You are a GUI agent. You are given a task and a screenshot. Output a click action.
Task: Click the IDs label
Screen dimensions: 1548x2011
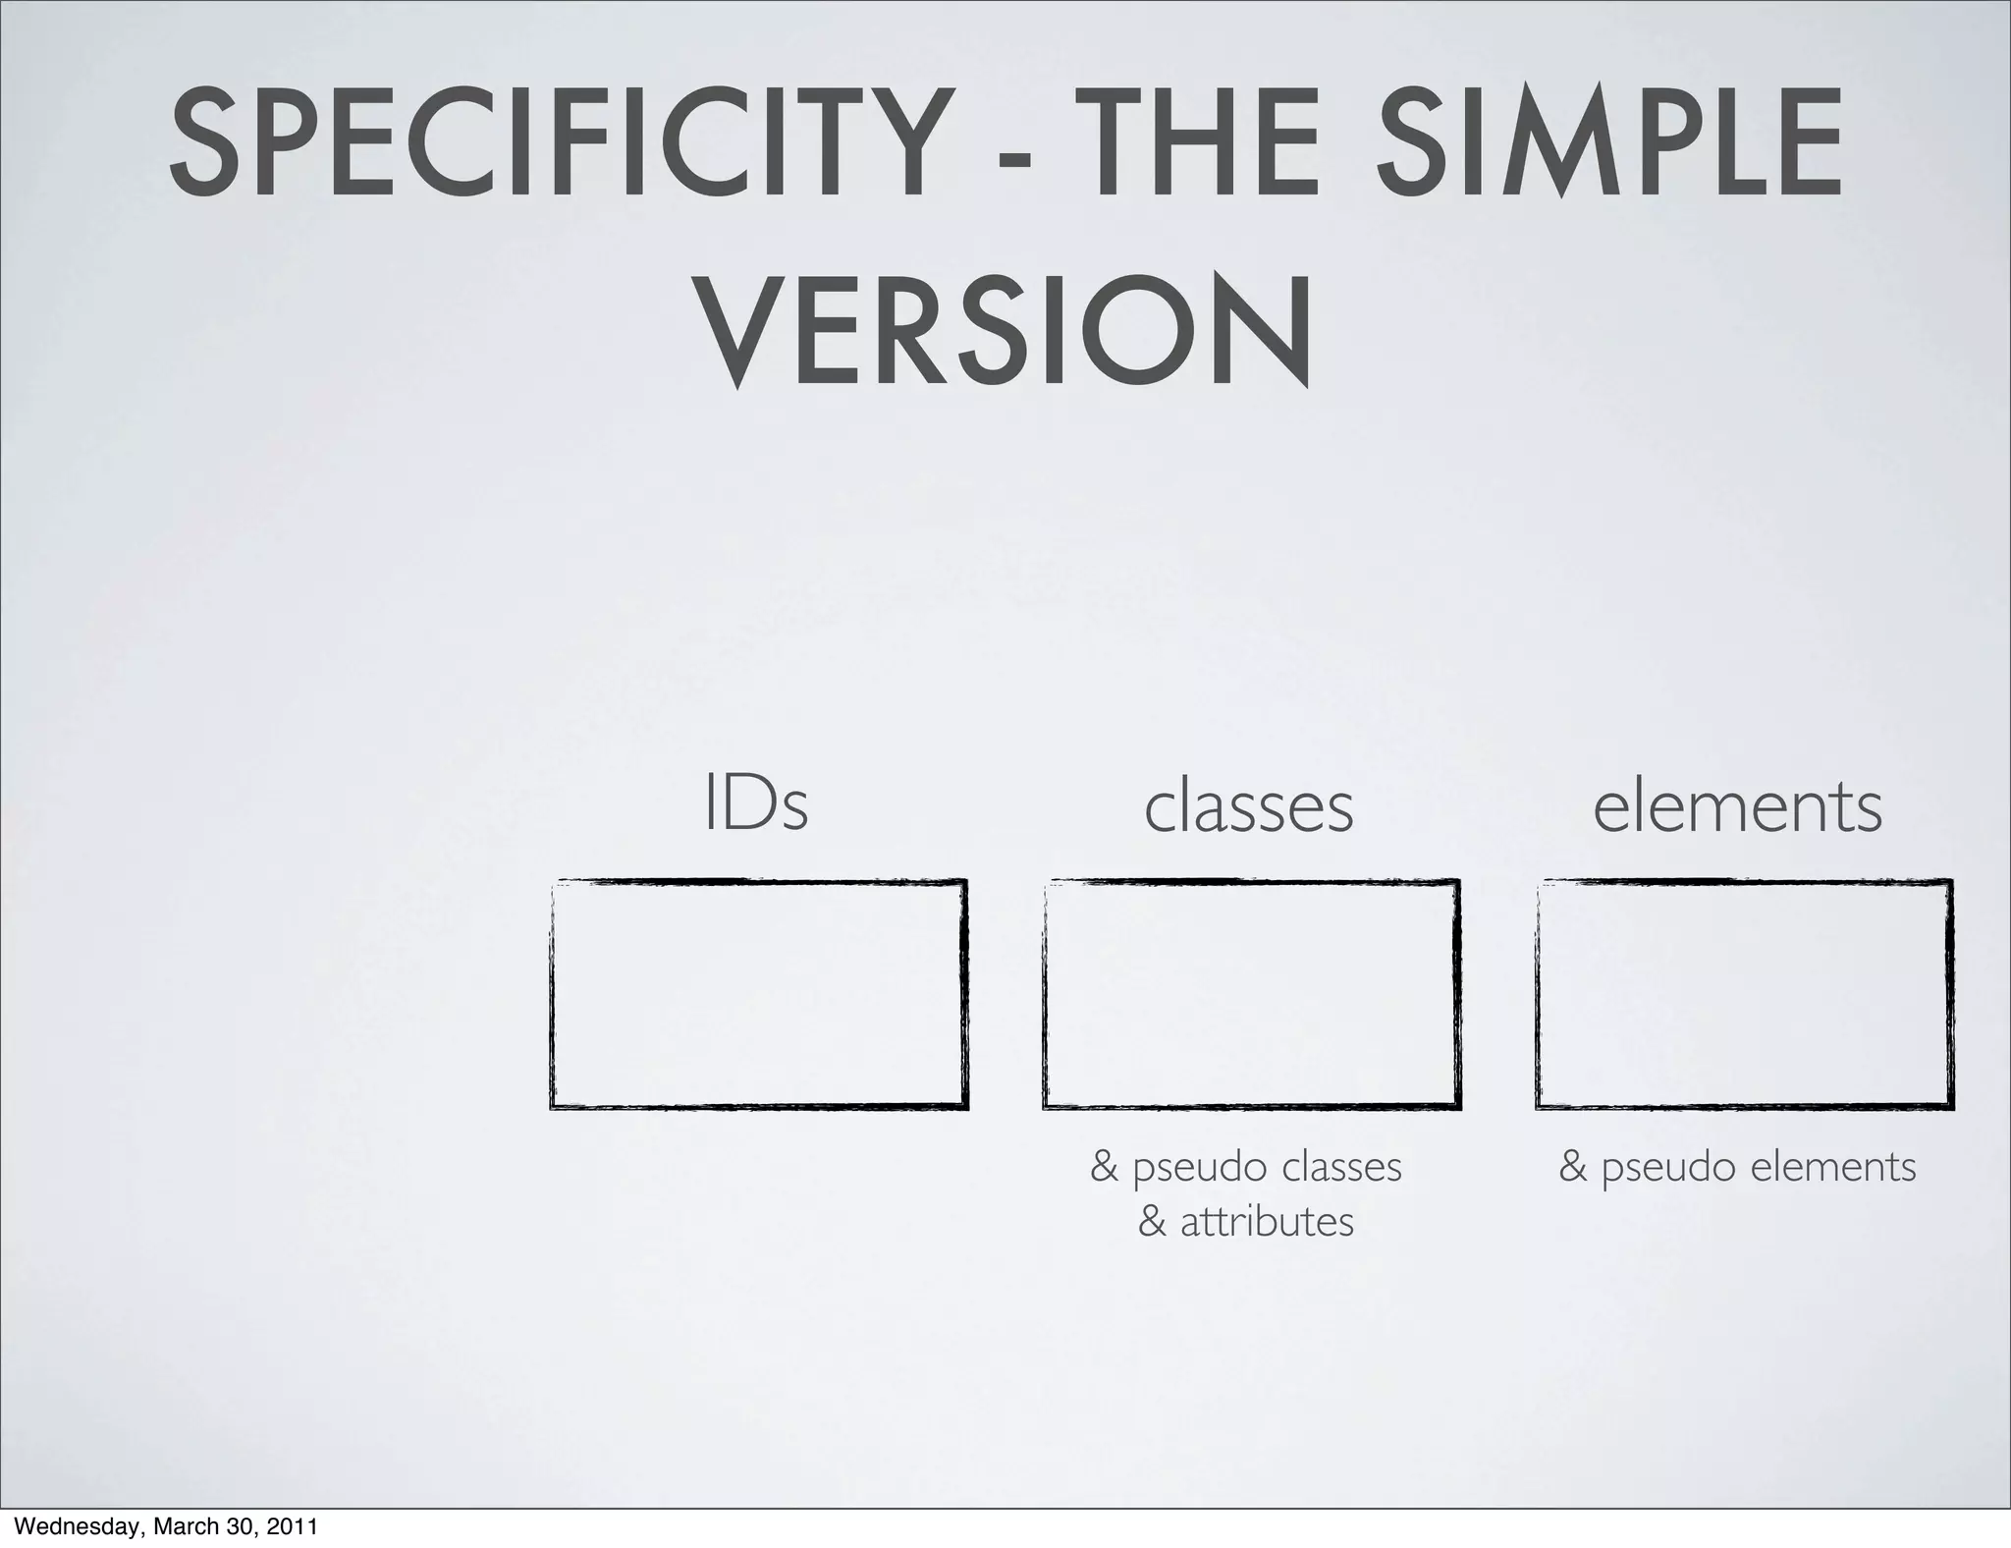(x=756, y=805)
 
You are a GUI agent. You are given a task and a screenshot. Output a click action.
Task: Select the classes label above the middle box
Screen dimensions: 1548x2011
(x=1248, y=807)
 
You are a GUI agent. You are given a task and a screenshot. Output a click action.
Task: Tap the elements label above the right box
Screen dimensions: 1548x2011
(x=1737, y=807)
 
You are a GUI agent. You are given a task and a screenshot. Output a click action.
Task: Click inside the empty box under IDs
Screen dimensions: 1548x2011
(x=758, y=994)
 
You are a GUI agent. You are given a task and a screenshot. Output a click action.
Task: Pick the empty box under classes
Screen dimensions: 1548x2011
(x=1251, y=994)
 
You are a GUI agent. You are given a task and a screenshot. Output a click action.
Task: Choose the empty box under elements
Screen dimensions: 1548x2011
(x=1744, y=994)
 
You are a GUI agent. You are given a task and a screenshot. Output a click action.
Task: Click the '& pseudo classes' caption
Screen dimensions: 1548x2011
(x=1246, y=1168)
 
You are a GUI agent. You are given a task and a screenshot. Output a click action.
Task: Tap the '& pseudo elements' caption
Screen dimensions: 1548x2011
(x=1737, y=1168)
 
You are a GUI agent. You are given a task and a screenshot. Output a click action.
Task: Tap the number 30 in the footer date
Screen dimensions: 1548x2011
(x=240, y=1527)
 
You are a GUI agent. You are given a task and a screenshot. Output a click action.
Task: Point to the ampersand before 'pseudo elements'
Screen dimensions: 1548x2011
(x=1573, y=1168)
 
